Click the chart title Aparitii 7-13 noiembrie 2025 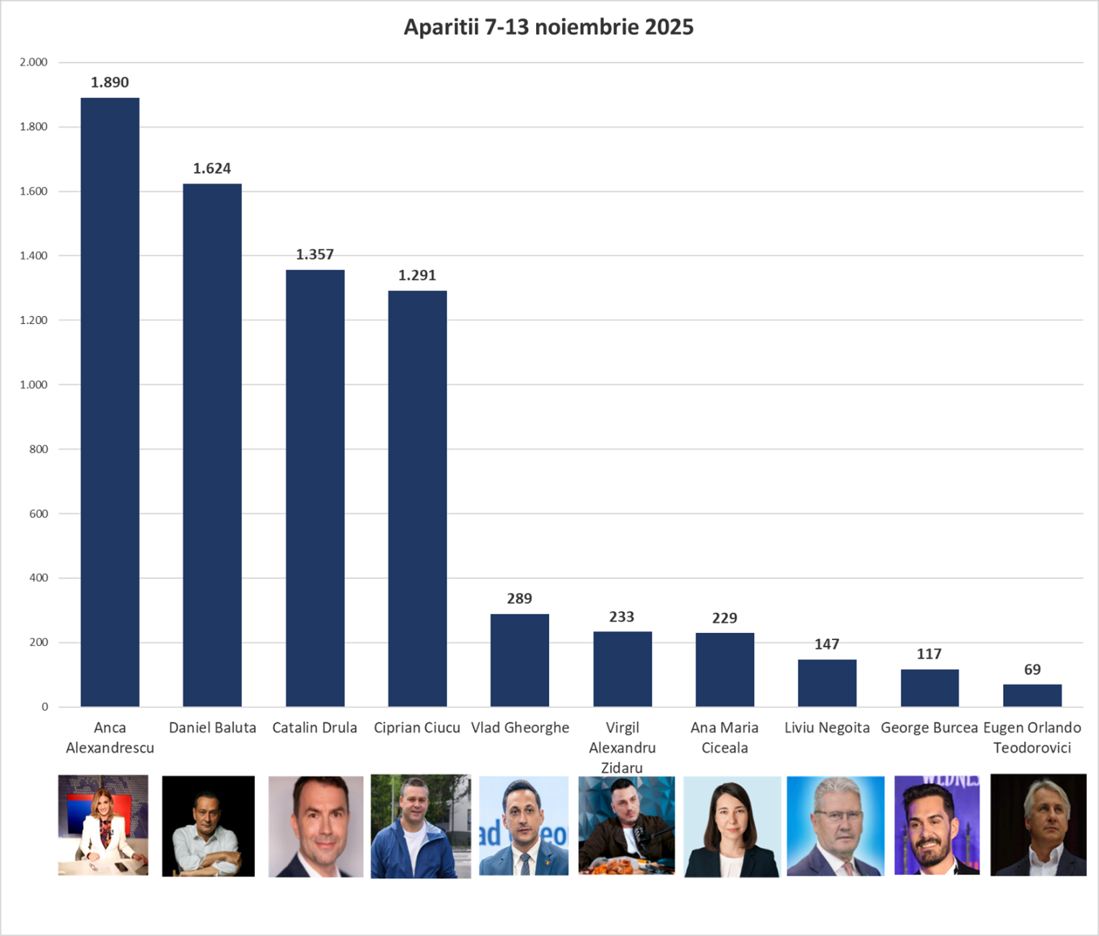548,27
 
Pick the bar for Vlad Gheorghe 520,660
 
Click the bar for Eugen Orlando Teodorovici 1032,695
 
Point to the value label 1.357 315,255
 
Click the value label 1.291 417,276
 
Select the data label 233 621,617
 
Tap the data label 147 827,644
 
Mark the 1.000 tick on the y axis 33,385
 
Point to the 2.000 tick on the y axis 33,63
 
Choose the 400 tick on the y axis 39,578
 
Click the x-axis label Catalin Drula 315,727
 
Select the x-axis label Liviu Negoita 827,727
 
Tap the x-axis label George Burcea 929,727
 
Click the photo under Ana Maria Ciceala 732,826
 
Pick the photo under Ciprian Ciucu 420,826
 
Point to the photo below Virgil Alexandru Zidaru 626,826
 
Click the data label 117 929,655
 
